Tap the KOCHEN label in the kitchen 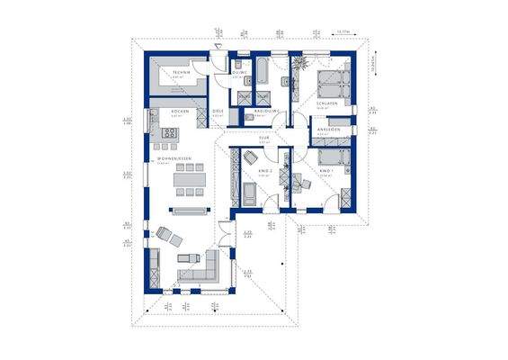pyautogui.click(x=180, y=112)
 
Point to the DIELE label pyautogui.click(x=218, y=112)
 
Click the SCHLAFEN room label pyautogui.click(x=326, y=104)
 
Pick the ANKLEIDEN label pyautogui.click(x=326, y=130)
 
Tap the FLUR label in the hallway pyautogui.click(x=264, y=138)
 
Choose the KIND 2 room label pyautogui.click(x=265, y=169)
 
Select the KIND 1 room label pyautogui.click(x=325, y=169)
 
